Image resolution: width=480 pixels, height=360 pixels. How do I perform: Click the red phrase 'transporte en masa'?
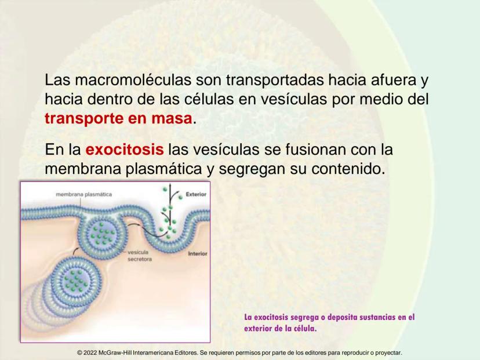[x=119, y=118]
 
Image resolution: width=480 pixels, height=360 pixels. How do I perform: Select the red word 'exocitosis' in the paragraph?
[x=125, y=150]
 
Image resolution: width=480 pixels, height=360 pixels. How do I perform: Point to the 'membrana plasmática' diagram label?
[x=84, y=194]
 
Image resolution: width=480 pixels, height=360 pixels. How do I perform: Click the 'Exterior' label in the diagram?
[x=196, y=194]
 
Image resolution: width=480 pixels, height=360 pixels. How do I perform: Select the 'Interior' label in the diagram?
[x=198, y=254]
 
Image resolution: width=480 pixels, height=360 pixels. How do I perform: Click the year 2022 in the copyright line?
[x=90, y=353]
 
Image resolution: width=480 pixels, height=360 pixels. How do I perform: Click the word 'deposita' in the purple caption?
[x=342, y=317]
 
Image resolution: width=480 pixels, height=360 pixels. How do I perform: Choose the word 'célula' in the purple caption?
[x=304, y=329]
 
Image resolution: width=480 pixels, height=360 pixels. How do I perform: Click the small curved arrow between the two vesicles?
[x=75, y=252]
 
